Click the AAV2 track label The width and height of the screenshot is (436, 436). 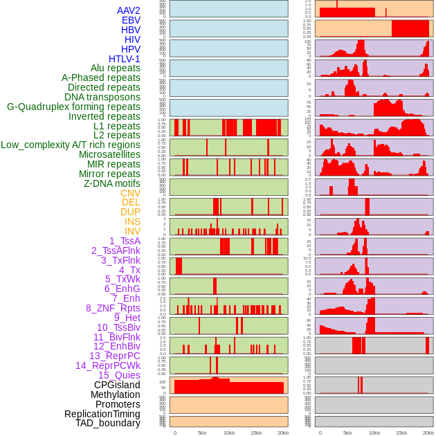128,10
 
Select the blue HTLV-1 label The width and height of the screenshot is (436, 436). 124,59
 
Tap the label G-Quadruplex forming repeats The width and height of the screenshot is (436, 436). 73,107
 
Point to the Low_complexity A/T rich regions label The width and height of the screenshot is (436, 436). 70,145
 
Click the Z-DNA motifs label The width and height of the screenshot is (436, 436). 111,183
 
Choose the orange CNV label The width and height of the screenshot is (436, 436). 130,193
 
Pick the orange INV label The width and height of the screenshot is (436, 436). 132,231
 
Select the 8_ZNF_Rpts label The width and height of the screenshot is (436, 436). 113,308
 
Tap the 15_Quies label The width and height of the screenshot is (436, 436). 119,375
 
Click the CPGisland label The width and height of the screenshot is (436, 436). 117,385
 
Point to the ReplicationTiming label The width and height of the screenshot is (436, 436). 102,414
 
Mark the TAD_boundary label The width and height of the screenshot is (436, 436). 107,423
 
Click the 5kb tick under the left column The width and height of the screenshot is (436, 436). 202,433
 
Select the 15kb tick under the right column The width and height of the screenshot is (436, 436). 401,433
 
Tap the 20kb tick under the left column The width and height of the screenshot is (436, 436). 282,433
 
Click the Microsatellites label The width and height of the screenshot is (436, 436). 109,154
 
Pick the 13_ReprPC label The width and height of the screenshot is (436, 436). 114,356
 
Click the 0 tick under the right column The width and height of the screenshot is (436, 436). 320,433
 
